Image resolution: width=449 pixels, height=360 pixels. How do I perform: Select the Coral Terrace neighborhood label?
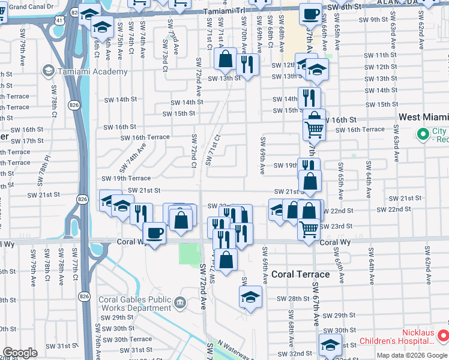pos(300,274)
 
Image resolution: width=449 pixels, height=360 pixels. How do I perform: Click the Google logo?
pos(20,353)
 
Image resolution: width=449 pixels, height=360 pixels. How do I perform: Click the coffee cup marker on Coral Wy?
pos(154,233)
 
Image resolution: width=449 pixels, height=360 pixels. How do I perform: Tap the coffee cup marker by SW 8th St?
pos(310,13)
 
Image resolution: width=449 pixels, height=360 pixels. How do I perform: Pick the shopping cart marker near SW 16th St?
pos(314,128)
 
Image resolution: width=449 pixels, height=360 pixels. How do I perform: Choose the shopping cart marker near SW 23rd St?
pos(309,228)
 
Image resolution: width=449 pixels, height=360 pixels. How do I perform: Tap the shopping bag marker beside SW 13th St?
pos(226,59)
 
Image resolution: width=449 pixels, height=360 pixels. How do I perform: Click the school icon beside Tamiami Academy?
pos(47,71)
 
